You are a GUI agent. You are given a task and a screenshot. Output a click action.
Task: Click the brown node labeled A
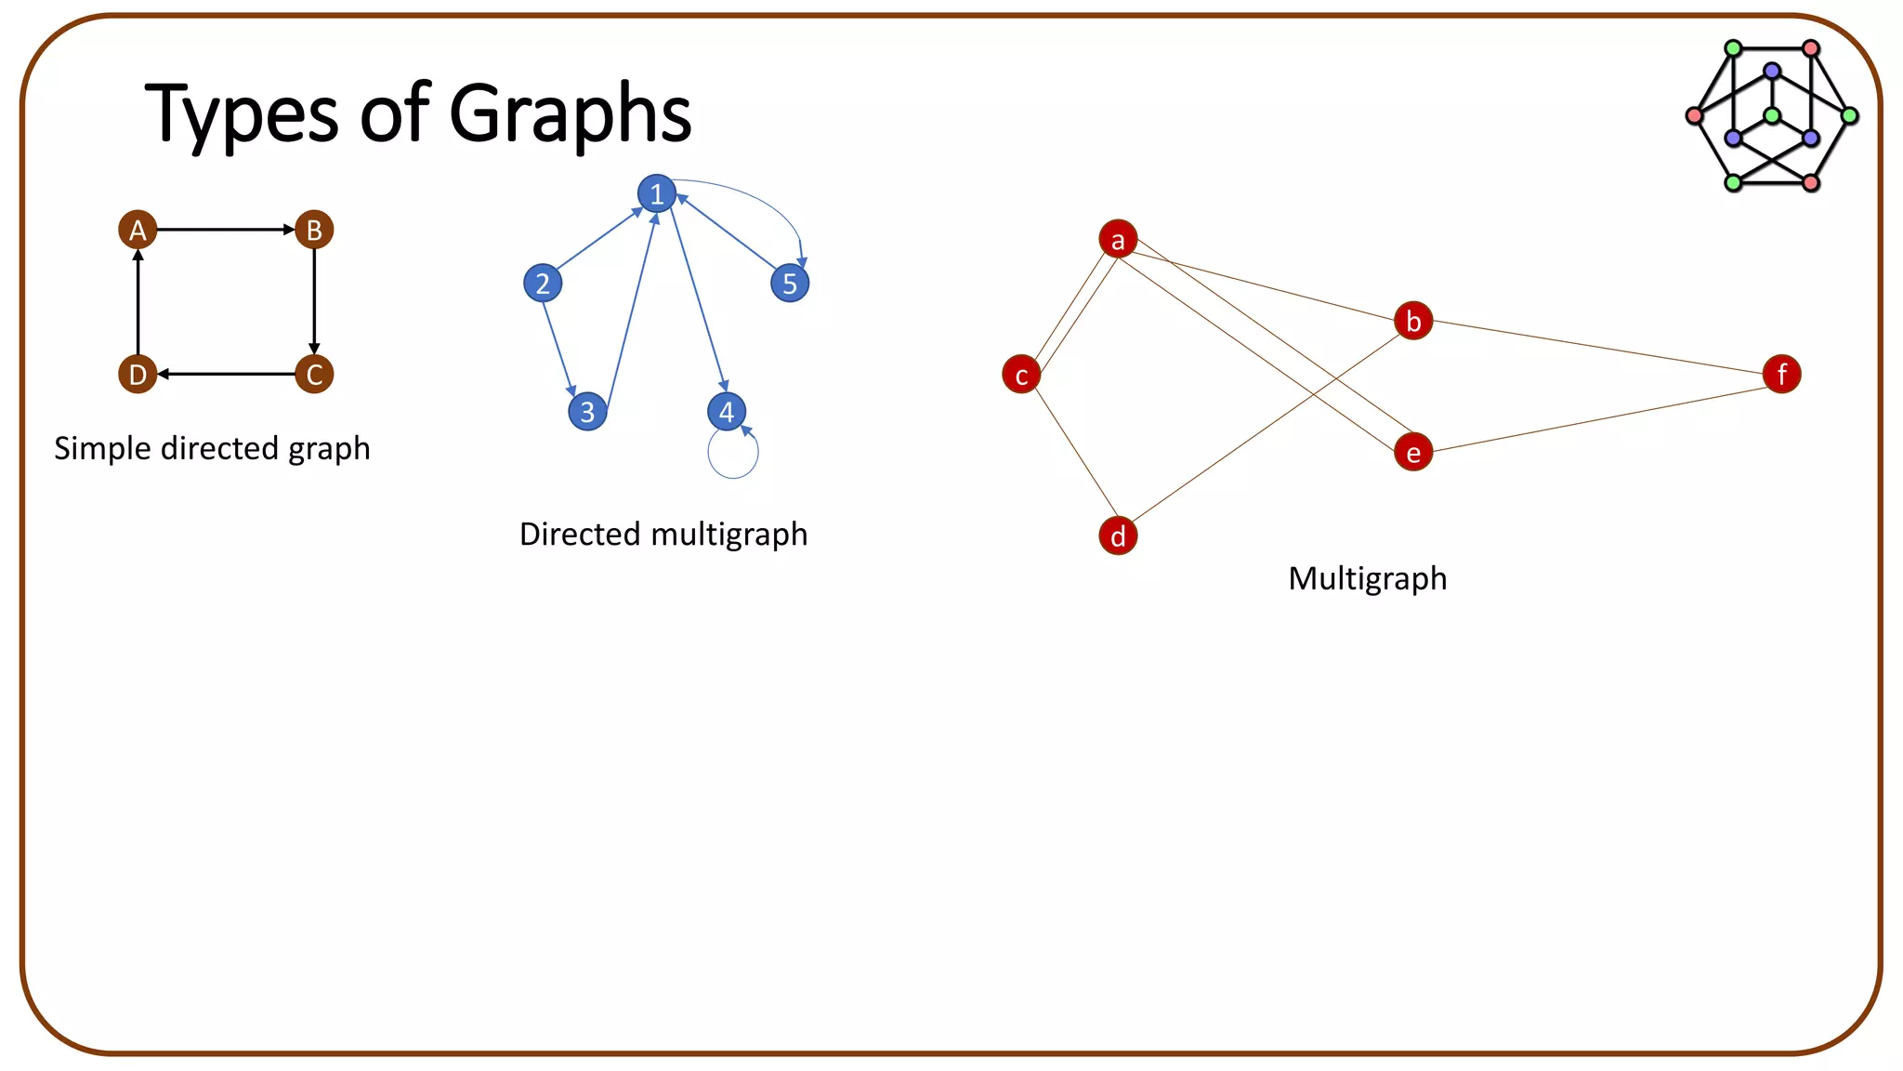138,230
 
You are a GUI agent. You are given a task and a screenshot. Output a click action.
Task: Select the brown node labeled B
314,230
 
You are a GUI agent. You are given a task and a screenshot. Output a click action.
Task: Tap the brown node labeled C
314,375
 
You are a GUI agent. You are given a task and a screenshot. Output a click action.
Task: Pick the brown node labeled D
138,375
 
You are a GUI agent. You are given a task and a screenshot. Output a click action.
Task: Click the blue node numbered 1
657,193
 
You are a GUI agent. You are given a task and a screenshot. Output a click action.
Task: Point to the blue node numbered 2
543,283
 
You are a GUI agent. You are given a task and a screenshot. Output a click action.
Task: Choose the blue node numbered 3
587,411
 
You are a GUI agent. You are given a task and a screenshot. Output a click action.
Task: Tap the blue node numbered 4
727,411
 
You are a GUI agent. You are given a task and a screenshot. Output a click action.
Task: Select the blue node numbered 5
790,283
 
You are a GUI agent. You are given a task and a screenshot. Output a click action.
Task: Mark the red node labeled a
1118,240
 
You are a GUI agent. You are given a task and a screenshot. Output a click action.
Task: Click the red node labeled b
1413,321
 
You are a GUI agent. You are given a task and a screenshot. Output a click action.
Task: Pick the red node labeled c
1021,375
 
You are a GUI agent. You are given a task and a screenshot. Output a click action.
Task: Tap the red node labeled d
1118,535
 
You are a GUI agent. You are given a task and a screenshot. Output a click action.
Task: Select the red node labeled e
1413,453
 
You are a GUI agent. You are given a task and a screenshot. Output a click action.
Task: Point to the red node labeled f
1781,374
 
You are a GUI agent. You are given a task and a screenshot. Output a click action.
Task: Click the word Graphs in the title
570,113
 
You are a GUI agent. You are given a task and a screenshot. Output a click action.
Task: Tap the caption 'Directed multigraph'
663,535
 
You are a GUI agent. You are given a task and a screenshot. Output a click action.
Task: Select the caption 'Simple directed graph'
212,448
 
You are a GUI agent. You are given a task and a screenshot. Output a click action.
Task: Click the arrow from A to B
226,230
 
